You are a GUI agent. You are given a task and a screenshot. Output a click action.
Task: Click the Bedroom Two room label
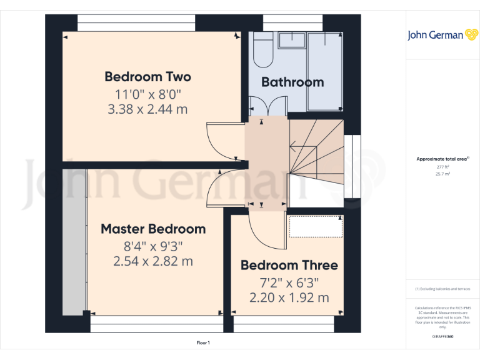coord(147,77)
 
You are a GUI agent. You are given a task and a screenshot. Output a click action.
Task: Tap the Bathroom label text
coord(292,82)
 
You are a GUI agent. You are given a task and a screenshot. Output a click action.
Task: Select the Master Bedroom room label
coord(153,229)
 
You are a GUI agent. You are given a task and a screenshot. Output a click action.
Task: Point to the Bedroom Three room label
coord(289,265)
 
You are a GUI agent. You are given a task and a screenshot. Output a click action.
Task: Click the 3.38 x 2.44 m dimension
coord(147,109)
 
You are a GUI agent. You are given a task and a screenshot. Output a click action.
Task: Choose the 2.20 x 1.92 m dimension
coord(289,297)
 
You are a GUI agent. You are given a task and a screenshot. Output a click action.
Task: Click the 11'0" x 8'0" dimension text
coord(147,94)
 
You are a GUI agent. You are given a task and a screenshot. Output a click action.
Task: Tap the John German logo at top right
coord(443,35)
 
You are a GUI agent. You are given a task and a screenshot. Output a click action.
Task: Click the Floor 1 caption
coord(203,343)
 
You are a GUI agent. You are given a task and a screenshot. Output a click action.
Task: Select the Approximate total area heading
coord(442,159)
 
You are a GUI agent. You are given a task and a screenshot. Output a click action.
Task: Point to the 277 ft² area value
coord(442,167)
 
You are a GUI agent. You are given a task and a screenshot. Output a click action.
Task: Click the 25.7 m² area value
coord(442,174)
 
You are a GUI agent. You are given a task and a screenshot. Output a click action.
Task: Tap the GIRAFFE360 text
coord(442,337)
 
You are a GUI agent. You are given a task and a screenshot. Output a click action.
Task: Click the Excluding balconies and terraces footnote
coord(442,289)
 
